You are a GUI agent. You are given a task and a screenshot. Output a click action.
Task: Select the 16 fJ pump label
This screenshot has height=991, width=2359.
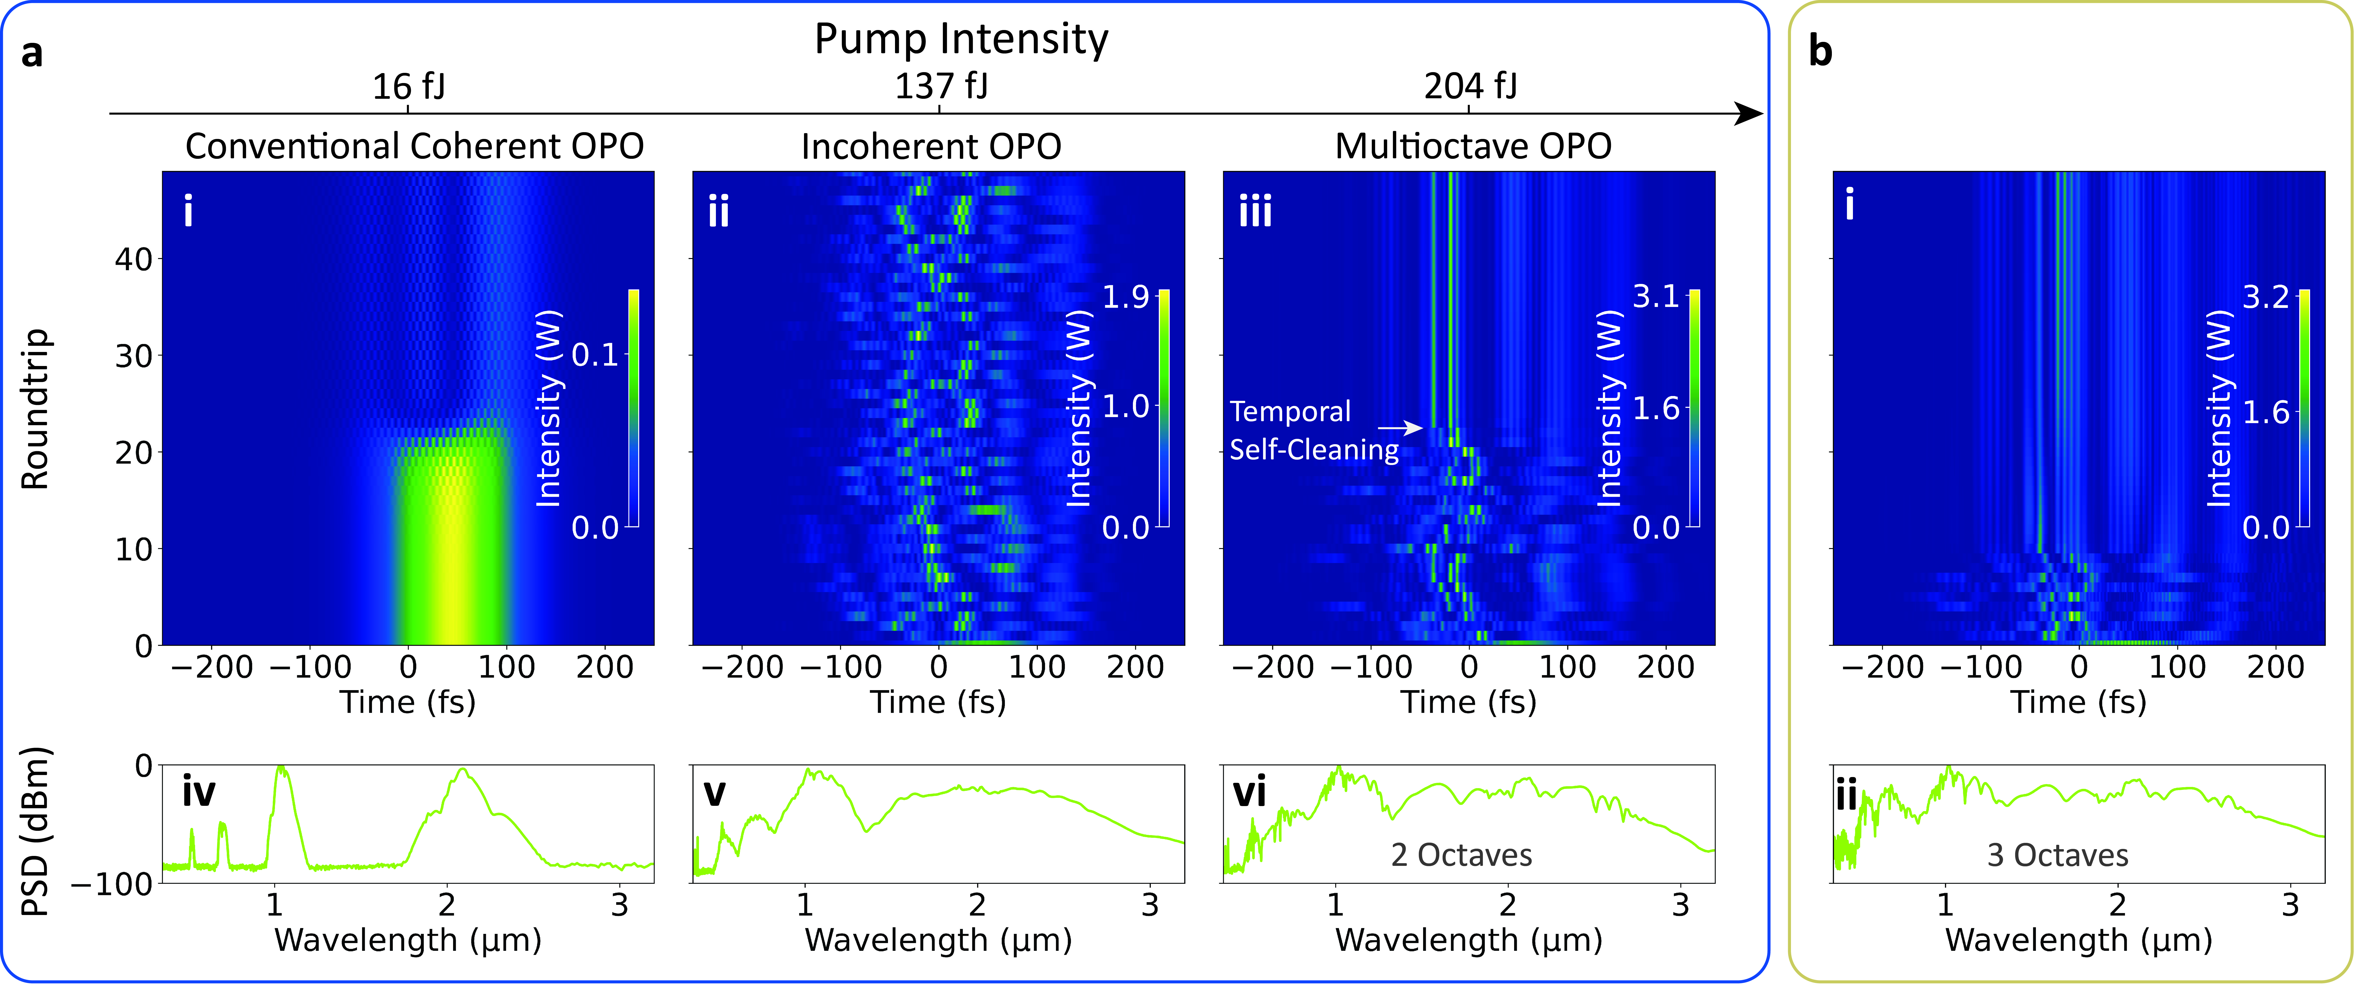pyautogui.click(x=409, y=87)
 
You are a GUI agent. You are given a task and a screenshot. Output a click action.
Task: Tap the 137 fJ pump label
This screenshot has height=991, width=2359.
pyautogui.click(x=941, y=87)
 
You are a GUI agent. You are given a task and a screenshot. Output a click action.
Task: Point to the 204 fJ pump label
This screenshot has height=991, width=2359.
pyautogui.click(x=1470, y=87)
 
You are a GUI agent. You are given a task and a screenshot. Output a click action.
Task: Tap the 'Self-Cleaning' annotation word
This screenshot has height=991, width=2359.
pyautogui.click(x=1313, y=450)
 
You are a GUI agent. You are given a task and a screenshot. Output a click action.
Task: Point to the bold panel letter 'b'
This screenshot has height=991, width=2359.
pyautogui.click(x=1820, y=52)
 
